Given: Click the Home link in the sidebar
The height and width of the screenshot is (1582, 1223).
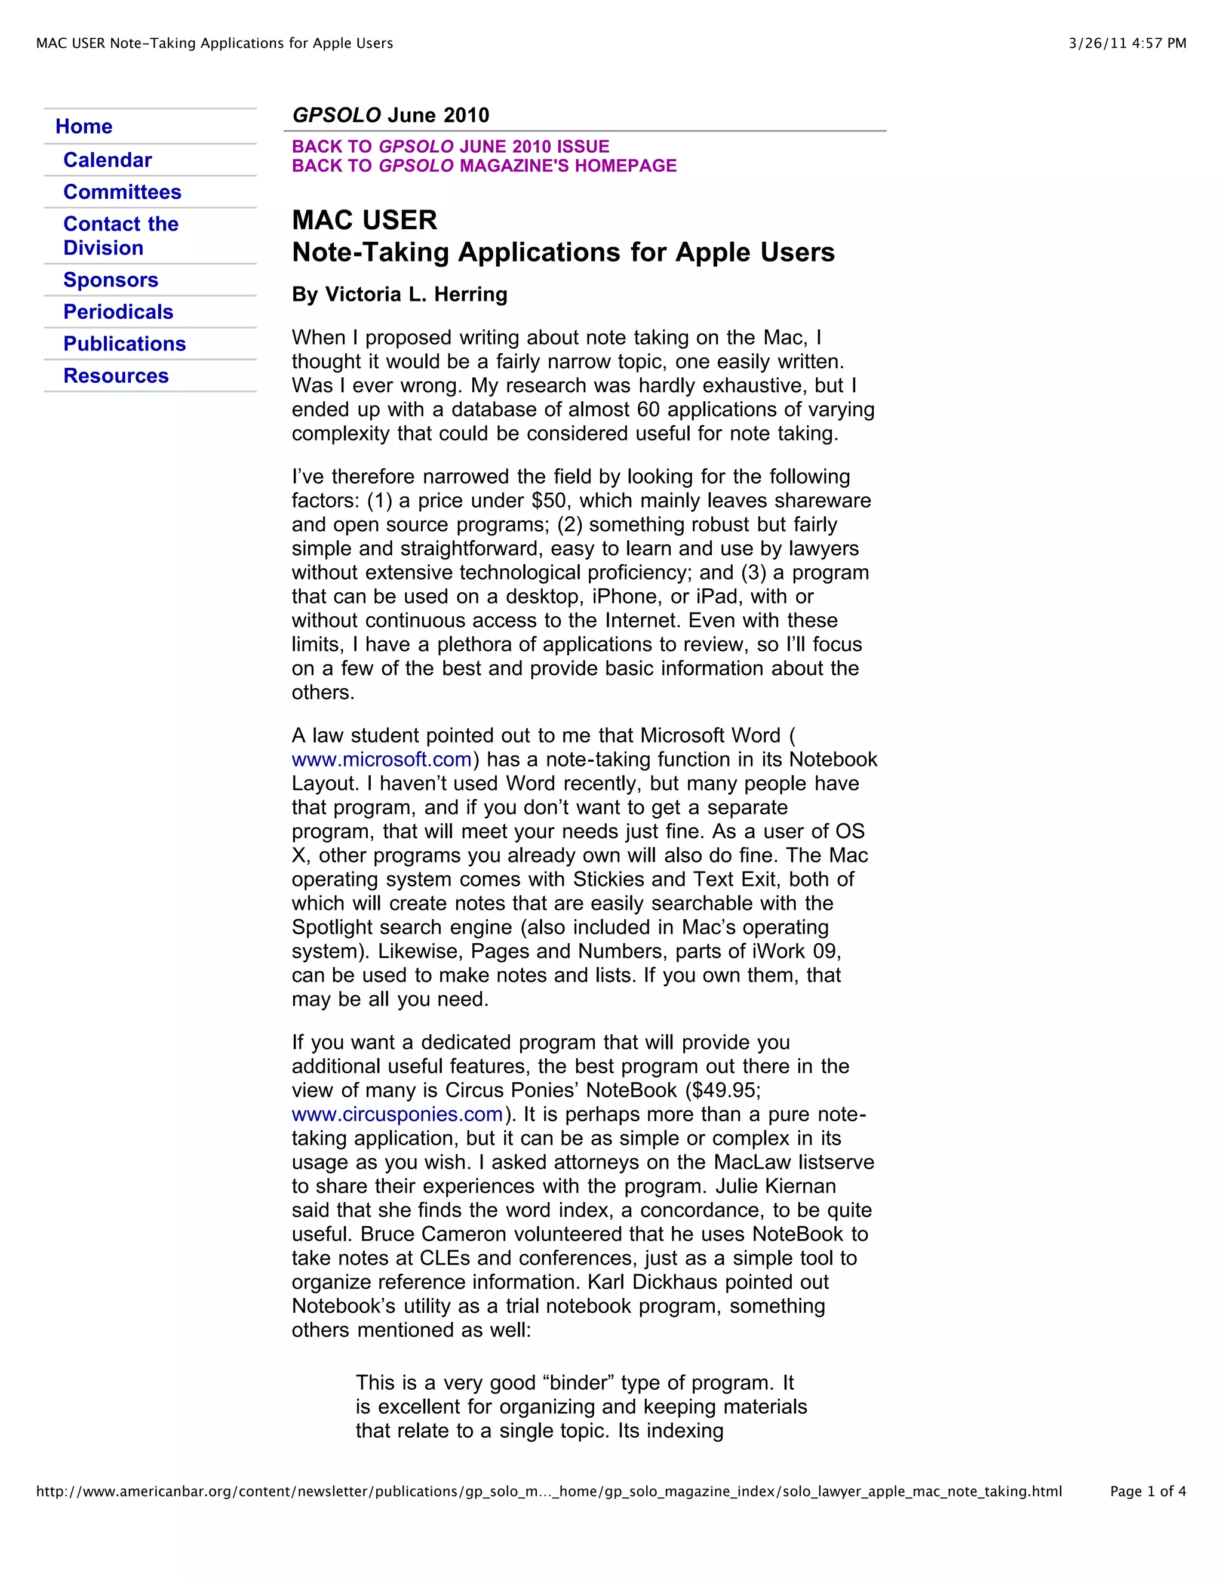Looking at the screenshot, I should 84,127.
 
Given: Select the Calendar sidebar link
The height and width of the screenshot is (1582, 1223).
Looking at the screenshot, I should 107,160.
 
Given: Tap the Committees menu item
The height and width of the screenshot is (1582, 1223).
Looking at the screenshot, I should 122,192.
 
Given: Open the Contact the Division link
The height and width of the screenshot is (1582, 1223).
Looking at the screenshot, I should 120,235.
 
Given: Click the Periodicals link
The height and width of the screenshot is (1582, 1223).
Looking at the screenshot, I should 118,312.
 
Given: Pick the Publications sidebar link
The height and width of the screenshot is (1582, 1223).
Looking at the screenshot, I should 124,343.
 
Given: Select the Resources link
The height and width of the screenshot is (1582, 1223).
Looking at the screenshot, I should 115,376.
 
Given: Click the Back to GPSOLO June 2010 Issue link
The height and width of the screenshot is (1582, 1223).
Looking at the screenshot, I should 450,146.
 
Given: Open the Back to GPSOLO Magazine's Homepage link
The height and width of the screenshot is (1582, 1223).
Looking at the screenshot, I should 483,166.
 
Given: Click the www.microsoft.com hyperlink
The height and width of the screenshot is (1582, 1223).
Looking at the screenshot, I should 381,759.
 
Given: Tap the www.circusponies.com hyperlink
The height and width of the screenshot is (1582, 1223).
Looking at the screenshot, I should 397,1114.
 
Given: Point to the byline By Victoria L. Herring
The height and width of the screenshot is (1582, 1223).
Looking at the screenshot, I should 400,294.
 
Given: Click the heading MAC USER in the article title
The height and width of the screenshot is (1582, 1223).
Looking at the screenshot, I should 364,220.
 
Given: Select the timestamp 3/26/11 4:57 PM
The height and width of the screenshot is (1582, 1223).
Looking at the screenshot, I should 1127,44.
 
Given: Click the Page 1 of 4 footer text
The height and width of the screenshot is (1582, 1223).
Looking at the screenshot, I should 1147,1491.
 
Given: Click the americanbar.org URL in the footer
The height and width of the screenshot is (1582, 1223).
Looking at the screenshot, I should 548,1491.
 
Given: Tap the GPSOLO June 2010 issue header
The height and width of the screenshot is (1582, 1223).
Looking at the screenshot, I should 391,115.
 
